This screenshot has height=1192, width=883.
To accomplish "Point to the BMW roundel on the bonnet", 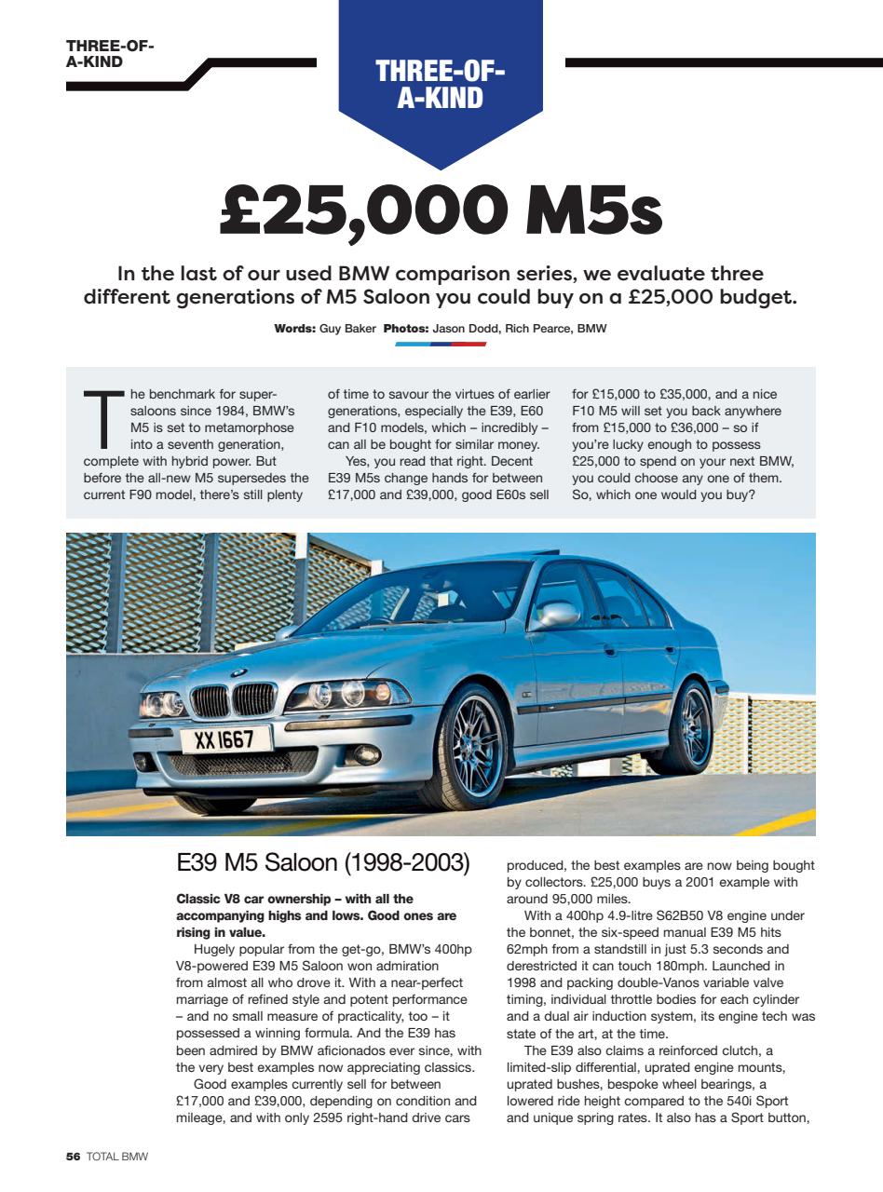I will coord(238,673).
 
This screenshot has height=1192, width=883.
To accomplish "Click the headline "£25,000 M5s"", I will coord(441,212).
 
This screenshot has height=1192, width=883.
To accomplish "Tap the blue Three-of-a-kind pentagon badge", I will coord(441,84).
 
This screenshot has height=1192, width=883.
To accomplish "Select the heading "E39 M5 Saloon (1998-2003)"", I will coord(322,862).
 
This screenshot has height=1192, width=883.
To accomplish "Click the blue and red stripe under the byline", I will coord(441,344).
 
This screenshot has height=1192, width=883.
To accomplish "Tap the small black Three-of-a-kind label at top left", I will coord(110,55).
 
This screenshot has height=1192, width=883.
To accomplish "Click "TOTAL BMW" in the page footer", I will coord(117,1157).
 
